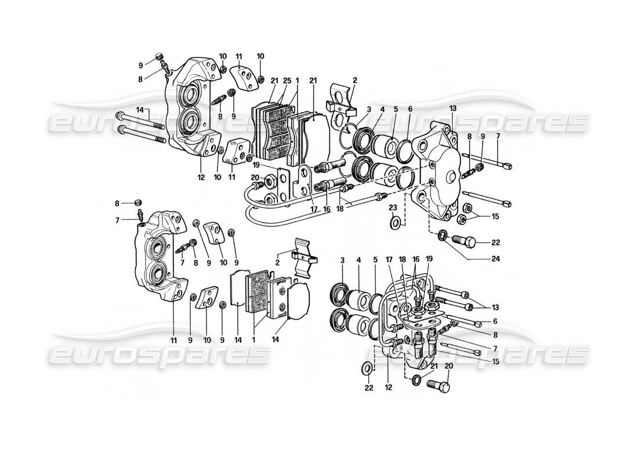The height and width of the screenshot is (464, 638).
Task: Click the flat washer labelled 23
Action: [394, 223]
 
